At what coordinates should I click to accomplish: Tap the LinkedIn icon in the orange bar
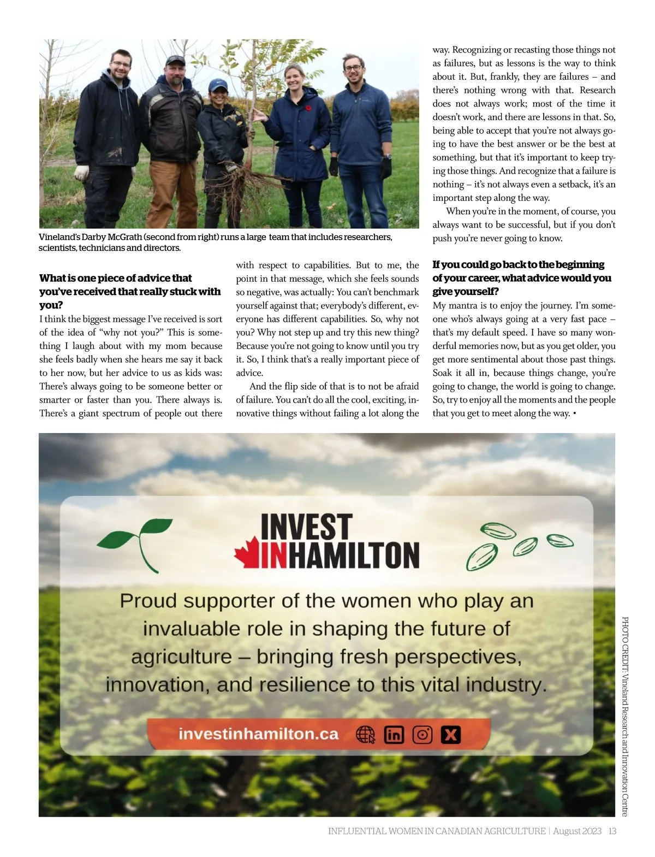pyautogui.click(x=394, y=735)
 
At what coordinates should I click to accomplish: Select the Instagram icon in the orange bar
pyautogui.click(x=422, y=735)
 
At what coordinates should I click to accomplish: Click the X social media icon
pyautogui.click(x=450, y=735)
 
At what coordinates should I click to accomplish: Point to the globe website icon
pyautogui.click(x=365, y=735)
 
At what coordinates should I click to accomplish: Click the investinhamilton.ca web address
pyautogui.click(x=258, y=734)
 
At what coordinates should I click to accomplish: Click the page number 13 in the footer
pyautogui.click(x=612, y=831)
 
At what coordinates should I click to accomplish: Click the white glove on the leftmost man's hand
pyautogui.click(x=81, y=173)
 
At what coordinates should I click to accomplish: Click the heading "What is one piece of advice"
pyautogui.click(x=116, y=278)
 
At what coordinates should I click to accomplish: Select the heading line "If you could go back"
pyautogui.click(x=518, y=264)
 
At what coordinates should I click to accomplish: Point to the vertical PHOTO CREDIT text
pyautogui.click(x=625, y=716)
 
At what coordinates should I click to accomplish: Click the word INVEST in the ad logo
pyautogui.click(x=305, y=527)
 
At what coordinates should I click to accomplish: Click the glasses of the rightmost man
pyautogui.click(x=353, y=69)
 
